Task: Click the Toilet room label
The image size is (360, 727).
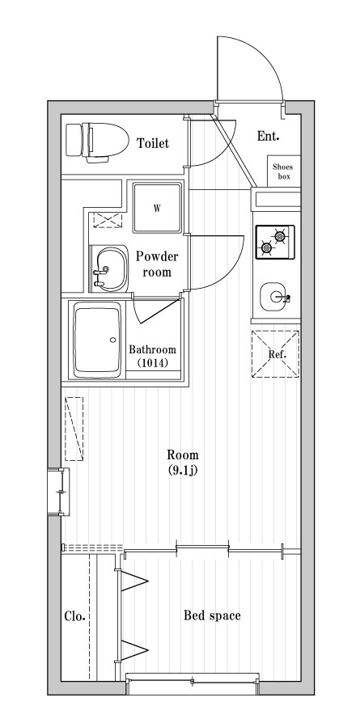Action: (x=153, y=143)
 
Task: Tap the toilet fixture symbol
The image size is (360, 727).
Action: (x=97, y=142)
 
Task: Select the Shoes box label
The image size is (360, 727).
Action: (x=282, y=171)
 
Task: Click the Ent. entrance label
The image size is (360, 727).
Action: (x=268, y=136)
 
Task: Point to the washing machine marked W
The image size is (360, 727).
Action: (x=157, y=208)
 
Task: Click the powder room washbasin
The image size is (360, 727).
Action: (x=109, y=269)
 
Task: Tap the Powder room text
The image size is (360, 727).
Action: (x=157, y=264)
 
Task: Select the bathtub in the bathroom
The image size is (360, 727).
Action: (x=97, y=340)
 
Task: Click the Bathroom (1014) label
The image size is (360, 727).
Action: (x=153, y=356)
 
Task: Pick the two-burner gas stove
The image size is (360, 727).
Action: (x=275, y=242)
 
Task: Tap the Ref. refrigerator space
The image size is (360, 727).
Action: (x=276, y=353)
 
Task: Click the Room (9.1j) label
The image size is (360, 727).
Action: (x=183, y=462)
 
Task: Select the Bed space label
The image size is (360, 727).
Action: (x=212, y=615)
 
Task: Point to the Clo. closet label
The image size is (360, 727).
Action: (x=74, y=616)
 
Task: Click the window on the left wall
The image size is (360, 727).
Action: (x=58, y=492)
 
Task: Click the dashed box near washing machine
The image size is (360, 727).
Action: (x=108, y=219)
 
